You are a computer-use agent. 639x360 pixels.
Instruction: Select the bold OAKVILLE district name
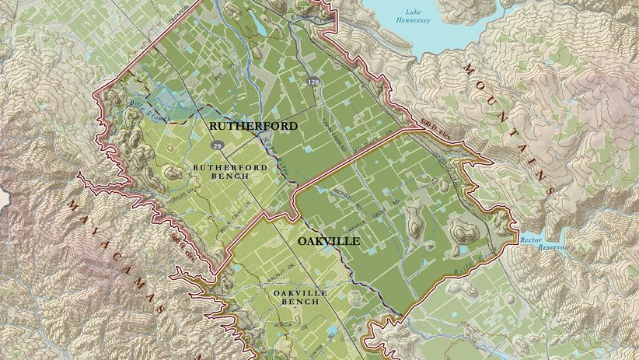tap(329, 242)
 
